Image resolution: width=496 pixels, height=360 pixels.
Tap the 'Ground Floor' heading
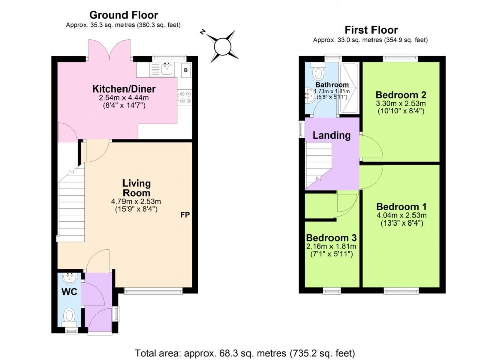[123, 15]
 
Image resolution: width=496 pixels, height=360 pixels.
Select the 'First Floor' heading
[371, 30]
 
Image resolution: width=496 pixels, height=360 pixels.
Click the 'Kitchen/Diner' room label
[123, 89]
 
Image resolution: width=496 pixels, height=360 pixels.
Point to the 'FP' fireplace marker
[185, 215]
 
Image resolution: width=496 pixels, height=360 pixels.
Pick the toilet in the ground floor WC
[70, 316]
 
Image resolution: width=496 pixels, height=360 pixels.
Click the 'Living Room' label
[136, 188]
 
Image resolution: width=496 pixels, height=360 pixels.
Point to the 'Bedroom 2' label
[400, 95]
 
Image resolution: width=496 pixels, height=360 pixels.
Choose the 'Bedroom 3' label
[332, 238]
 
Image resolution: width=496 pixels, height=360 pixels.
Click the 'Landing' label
[332, 135]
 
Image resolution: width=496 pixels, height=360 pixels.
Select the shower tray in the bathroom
[348, 88]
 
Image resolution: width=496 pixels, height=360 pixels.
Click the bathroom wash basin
[311, 94]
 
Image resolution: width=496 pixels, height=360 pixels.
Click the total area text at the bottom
[245, 352]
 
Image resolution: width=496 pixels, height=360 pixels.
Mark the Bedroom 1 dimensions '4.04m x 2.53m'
[401, 215]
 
